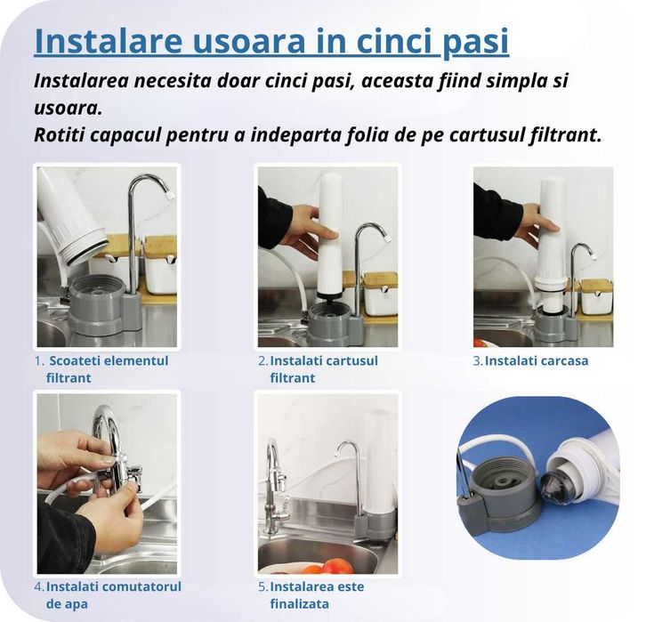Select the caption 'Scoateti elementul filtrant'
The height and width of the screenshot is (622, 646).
tap(107, 369)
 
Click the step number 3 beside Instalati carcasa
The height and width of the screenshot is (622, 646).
tap(477, 360)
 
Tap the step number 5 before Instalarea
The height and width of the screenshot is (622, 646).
tap(262, 587)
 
